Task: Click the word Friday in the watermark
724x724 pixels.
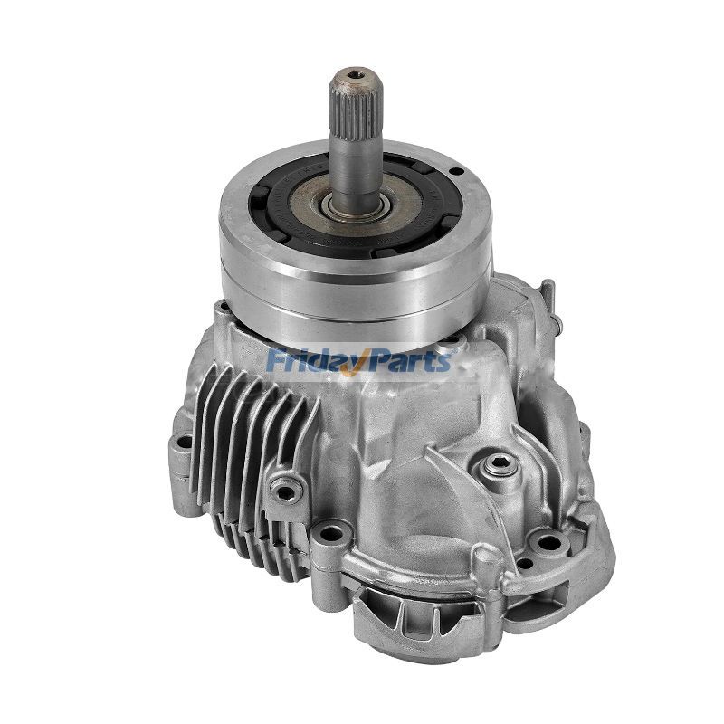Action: pos(313,361)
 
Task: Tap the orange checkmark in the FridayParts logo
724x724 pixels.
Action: pos(367,361)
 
